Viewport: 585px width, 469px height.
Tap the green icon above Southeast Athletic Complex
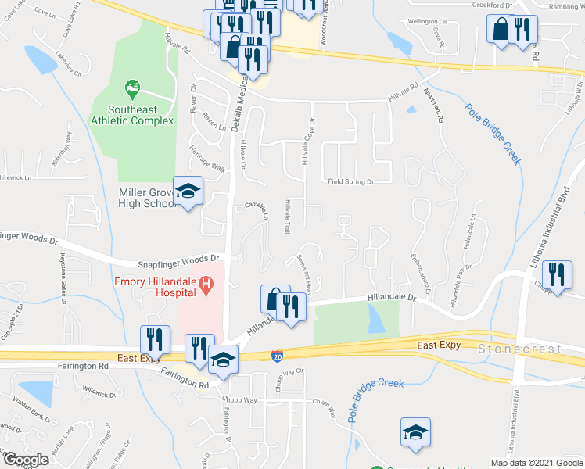pos(131,86)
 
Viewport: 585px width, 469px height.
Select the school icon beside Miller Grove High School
pos(188,192)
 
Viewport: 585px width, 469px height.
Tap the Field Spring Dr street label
pos(350,181)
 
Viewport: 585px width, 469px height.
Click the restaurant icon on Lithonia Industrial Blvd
pos(557,275)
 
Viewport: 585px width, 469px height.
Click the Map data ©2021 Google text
pos(536,463)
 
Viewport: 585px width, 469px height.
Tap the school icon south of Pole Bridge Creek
pos(415,432)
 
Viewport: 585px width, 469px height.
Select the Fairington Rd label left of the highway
pos(82,365)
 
